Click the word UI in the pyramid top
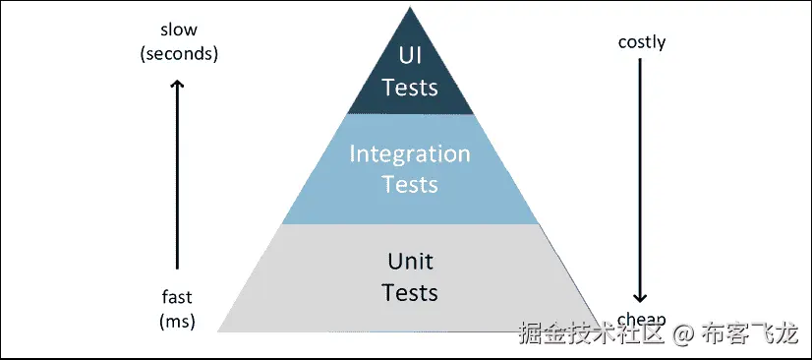point(410,55)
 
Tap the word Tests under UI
point(410,87)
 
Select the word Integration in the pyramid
point(410,154)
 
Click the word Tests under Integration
point(410,185)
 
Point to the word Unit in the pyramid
point(410,262)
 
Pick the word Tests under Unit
point(410,292)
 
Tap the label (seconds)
point(178,53)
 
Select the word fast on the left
point(177,297)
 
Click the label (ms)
point(177,321)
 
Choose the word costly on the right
point(642,42)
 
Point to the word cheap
point(642,319)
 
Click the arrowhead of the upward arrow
point(178,86)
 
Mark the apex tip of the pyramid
point(410,8)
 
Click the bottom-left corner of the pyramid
point(218,331)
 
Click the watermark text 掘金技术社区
point(593,334)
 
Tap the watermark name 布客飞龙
point(748,334)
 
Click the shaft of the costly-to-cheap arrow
point(641,177)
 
